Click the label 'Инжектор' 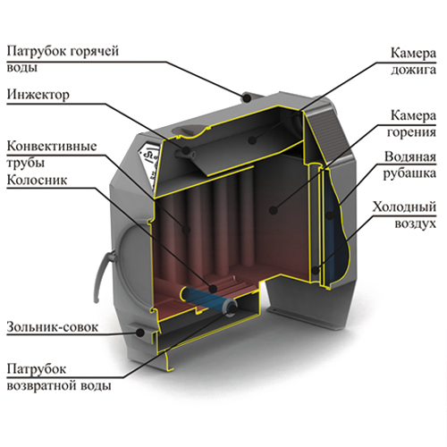pos(38,95)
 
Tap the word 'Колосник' pos(37,181)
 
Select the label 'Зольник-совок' pos(52,327)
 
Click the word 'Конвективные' pos(52,146)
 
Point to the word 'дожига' pos(413,71)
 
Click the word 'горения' pos(411,132)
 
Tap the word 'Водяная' pos(410,156)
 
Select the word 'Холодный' pos(404,207)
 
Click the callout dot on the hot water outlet pos(247,97)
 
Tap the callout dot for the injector pos(187,149)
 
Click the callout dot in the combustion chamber pos(273,210)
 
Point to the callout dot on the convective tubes pos(187,230)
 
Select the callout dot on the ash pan pos(140,333)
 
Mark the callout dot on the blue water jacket pos(329,215)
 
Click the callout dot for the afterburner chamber pos(252,139)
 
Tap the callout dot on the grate pos(213,289)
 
